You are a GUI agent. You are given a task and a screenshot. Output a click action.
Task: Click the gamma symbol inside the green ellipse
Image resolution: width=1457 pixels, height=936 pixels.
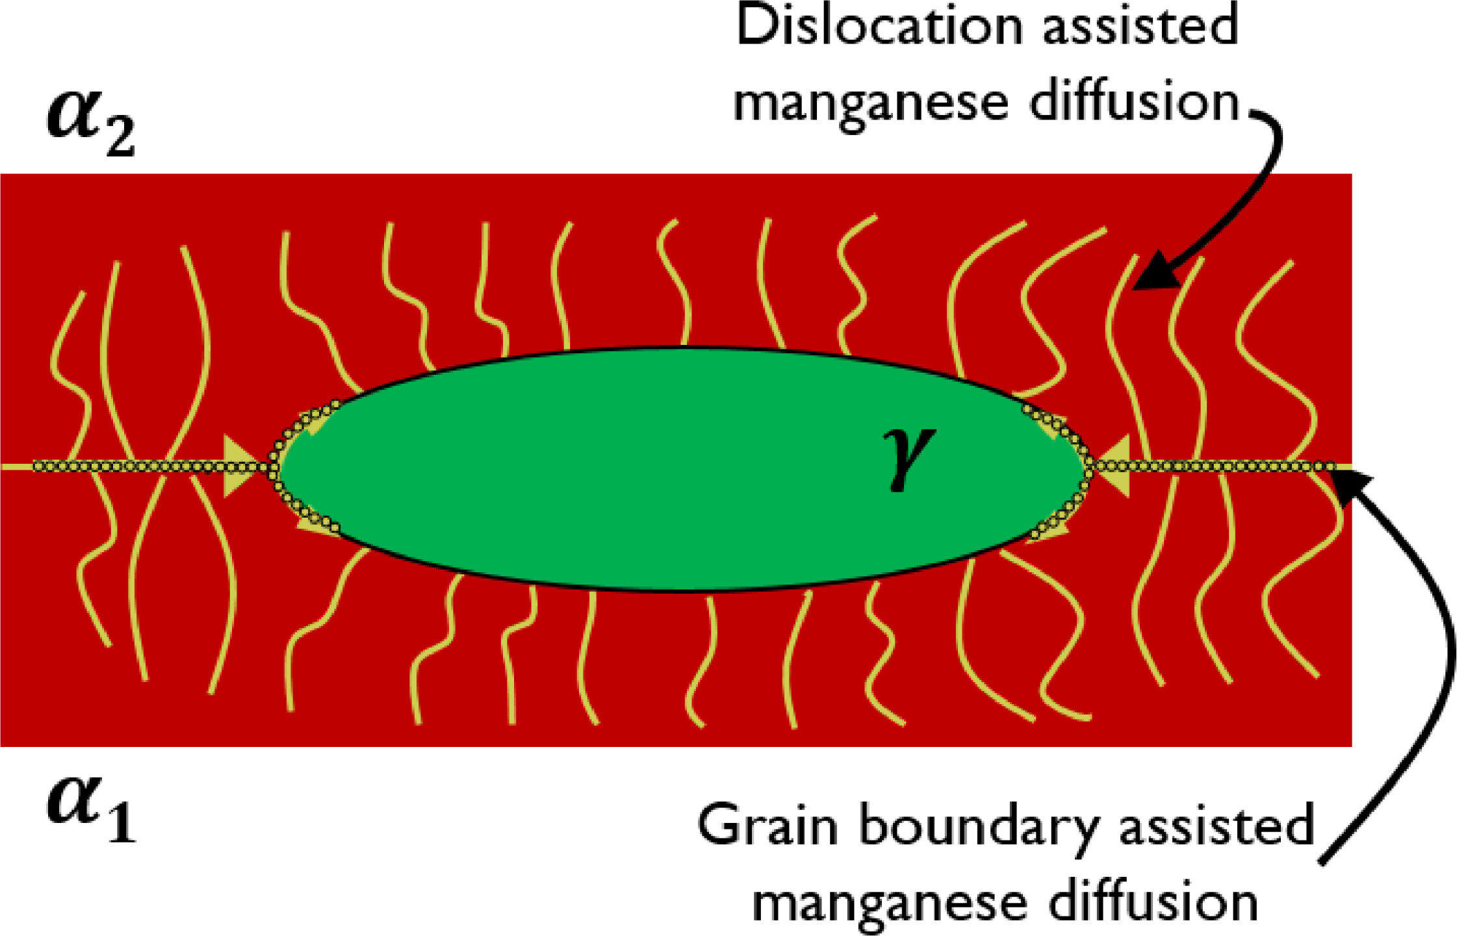[x=908, y=458]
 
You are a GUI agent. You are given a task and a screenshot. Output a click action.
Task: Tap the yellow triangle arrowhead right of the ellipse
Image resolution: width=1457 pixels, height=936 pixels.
[x=1113, y=466]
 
